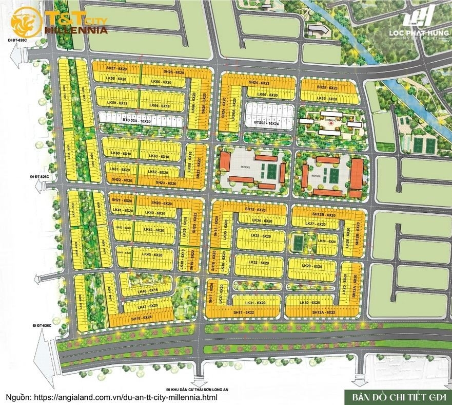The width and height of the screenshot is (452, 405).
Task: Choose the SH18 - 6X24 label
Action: click(x=142, y=319)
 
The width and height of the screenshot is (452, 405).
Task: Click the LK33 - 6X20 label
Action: click(x=260, y=235)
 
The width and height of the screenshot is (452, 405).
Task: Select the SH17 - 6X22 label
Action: click(x=244, y=312)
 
